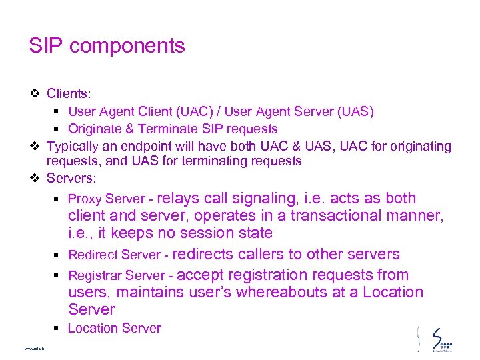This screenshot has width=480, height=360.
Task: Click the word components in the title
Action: (x=127, y=46)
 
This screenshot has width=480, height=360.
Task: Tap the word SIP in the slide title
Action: (x=46, y=46)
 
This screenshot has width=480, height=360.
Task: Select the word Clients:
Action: (x=69, y=94)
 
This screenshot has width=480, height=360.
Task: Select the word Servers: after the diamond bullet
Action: (x=71, y=179)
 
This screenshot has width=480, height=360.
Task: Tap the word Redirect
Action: (x=92, y=255)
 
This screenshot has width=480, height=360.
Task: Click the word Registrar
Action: (x=94, y=275)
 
